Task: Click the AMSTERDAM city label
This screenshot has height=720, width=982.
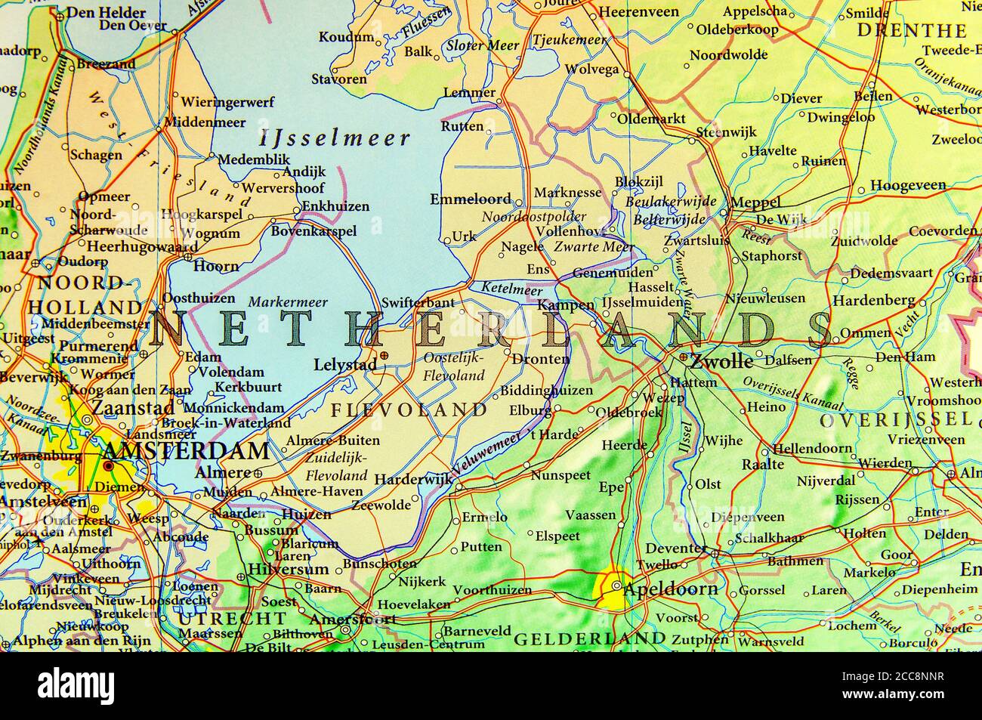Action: pos(185,452)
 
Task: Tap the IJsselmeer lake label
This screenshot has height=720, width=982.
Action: pos(335,138)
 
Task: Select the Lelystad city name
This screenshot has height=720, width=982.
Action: pos(344,365)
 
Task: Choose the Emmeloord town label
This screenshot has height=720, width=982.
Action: pos(471,200)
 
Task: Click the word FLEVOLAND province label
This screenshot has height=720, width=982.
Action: pos(409,410)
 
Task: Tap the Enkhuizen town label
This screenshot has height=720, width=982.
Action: pos(335,206)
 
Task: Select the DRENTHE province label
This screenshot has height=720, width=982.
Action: pos(912,31)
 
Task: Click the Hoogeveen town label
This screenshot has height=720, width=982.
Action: pos(908,185)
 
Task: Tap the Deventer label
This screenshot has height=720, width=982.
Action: pos(675,548)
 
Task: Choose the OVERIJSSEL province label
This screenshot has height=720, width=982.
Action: pos(896,420)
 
